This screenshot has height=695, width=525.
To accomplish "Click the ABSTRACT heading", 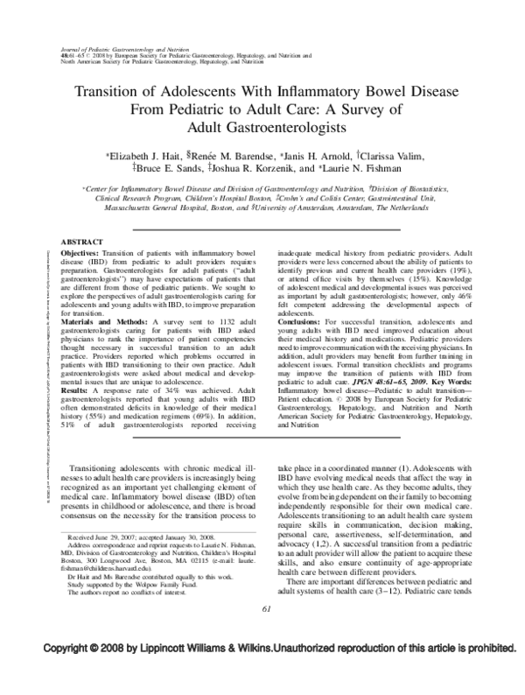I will (x=78, y=240).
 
